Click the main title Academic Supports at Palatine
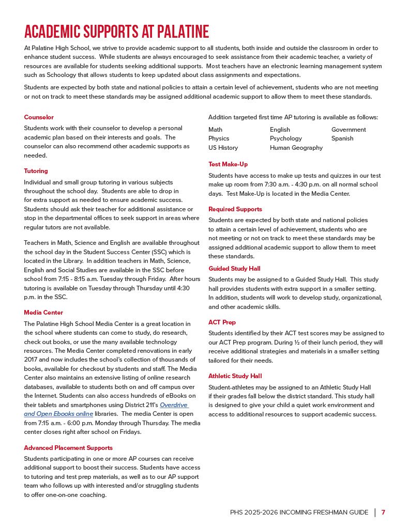click(x=116, y=32)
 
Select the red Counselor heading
click(x=39, y=117)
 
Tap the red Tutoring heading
click(x=36, y=171)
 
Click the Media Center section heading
click(x=43, y=313)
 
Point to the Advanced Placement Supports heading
click(x=68, y=448)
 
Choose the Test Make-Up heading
click(x=228, y=164)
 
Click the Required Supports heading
click(x=235, y=209)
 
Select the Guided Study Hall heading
click(x=234, y=269)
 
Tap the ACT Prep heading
click(x=222, y=322)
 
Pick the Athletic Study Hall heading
click(x=235, y=376)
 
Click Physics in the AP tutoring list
click(x=219, y=138)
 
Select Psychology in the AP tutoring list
click(x=285, y=138)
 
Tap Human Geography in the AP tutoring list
click(x=296, y=148)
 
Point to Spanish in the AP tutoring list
click(x=342, y=138)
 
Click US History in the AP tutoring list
click(x=223, y=148)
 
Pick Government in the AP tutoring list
click(x=349, y=130)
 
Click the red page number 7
click(x=383, y=512)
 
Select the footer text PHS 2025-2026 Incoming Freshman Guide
click(x=299, y=512)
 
